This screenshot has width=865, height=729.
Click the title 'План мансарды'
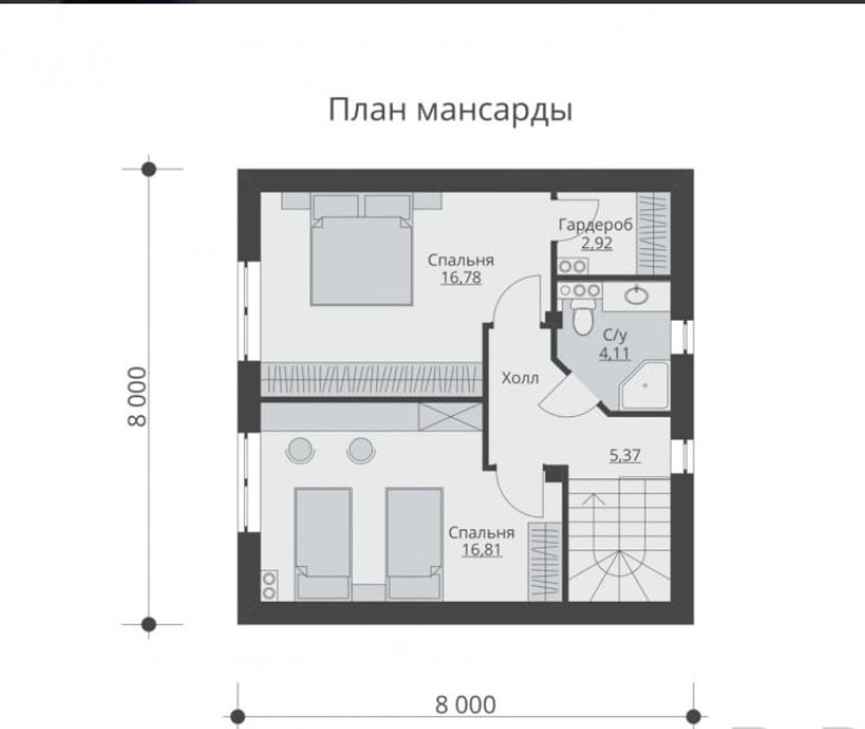[451, 111]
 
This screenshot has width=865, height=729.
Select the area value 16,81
[482, 549]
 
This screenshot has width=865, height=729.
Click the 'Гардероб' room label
[596, 225]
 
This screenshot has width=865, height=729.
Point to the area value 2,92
[596, 243]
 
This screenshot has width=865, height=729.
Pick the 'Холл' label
[520, 378]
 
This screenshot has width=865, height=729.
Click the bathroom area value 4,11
[616, 353]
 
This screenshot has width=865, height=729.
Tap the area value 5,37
[625, 455]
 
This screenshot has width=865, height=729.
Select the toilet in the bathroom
[580, 317]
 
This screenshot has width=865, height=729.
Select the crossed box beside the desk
[448, 416]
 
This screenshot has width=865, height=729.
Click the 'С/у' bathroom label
[615, 335]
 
